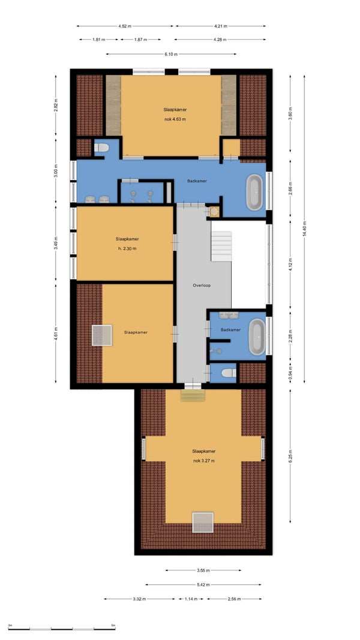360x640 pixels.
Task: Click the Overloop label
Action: coord(202,285)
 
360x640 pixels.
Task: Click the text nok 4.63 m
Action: coord(175,119)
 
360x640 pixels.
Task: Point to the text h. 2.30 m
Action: coord(126,248)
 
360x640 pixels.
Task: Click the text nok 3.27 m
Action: coord(204,461)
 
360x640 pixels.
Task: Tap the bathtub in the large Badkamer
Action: coord(255,192)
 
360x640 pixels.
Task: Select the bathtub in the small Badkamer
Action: coord(257,337)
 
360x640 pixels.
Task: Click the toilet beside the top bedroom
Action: coord(101,147)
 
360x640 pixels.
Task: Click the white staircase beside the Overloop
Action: coord(221,246)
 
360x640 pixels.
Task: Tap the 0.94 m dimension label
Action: coord(290,373)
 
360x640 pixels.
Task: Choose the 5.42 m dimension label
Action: coord(203,585)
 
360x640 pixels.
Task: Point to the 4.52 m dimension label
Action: coord(125,26)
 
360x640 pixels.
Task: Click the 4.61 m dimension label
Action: coord(56,333)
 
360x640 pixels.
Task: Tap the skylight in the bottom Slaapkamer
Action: coord(203,522)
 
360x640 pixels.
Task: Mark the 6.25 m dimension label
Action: coord(290,456)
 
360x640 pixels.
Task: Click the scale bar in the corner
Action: coord(62,629)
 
